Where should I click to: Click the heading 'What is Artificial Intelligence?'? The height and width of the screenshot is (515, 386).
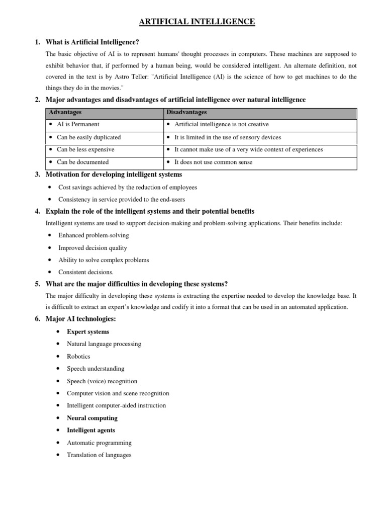pyautogui.click(x=92, y=42)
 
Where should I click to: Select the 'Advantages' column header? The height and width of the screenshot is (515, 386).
pyautogui.click(x=62, y=112)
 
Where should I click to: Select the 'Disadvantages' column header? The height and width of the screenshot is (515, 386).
pyautogui.click(x=186, y=112)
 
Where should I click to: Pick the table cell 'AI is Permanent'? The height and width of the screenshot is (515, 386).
pyautogui.click(x=78, y=124)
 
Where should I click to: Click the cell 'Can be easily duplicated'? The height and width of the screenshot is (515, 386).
pyautogui.click(x=88, y=137)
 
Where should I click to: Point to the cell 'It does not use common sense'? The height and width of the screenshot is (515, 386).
pyautogui.click(x=213, y=162)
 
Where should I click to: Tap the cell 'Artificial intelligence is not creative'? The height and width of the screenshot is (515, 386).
pyautogui.click(x=221, y=124)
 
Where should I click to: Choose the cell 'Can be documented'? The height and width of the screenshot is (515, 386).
pyautogui.click(x=82, y=162)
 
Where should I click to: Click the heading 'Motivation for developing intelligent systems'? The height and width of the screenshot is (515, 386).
pyautogui.click(x=114, y=175)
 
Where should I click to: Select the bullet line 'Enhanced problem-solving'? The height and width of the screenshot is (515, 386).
pyautogui.click(x=93, y=235)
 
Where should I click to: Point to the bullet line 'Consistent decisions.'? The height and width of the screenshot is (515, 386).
pyautogui.click(x=86, y=272)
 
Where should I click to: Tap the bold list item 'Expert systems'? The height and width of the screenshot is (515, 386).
pyautogui.click(x=88, y=332)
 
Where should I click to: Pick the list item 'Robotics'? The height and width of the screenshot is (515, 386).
pyautogui.click(x=78, y=357)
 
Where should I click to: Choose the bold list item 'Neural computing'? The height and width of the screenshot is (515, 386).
pyautogui.click(x=92, y=418)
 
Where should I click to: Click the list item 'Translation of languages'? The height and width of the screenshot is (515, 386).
pyautogui.click(x=99, y=455)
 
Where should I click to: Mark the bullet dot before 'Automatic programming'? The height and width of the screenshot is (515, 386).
pyautogui.click(x=59, y=443)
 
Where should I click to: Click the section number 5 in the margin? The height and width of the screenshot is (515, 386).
pyautogui.click(x=37, y=284)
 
